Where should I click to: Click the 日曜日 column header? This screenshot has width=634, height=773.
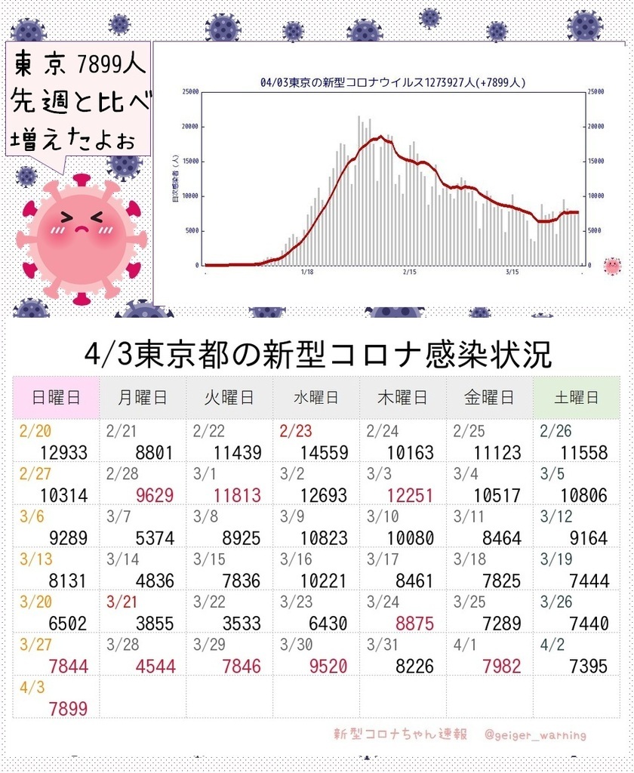click(56, 397)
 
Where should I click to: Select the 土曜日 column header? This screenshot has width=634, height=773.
click(575, 397)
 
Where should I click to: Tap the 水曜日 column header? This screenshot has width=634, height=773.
click(315, 397)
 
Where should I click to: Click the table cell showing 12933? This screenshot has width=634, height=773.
click(64, 453)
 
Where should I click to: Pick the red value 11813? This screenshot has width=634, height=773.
click(237, 496)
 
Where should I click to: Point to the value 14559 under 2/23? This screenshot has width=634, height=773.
click(324, 453)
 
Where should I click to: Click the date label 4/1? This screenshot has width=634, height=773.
click(465, 645)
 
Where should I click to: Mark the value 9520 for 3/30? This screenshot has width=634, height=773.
click(324, 667)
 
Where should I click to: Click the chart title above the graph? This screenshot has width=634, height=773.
click(392, 83)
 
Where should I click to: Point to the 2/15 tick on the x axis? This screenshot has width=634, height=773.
click(410, 272)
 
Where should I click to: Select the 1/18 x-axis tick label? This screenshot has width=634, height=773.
click(306, 272)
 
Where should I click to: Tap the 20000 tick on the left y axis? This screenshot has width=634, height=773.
click(189, 126)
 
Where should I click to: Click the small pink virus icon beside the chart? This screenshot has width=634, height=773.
click(612, 266)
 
